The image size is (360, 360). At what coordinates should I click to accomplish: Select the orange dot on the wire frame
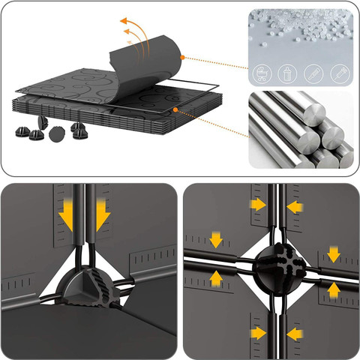point(175,109)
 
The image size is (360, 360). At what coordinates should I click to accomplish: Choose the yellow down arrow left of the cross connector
point(217,240)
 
